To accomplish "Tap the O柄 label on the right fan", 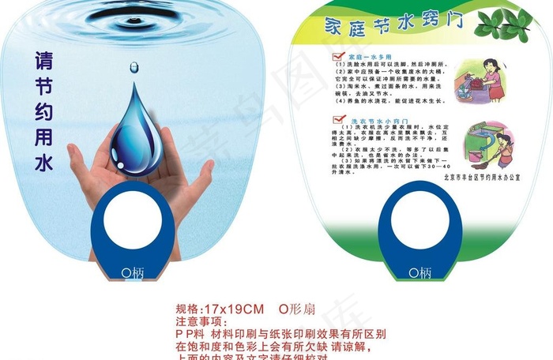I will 419,273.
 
